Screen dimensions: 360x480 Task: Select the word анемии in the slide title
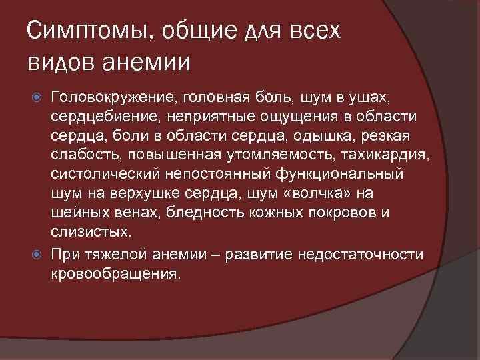[144, 63]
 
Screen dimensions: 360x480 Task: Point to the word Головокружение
[110, 99]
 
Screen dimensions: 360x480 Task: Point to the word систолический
[101, 175]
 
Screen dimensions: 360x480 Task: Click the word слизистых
[89, 233]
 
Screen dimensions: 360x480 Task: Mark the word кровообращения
[115, 273]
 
